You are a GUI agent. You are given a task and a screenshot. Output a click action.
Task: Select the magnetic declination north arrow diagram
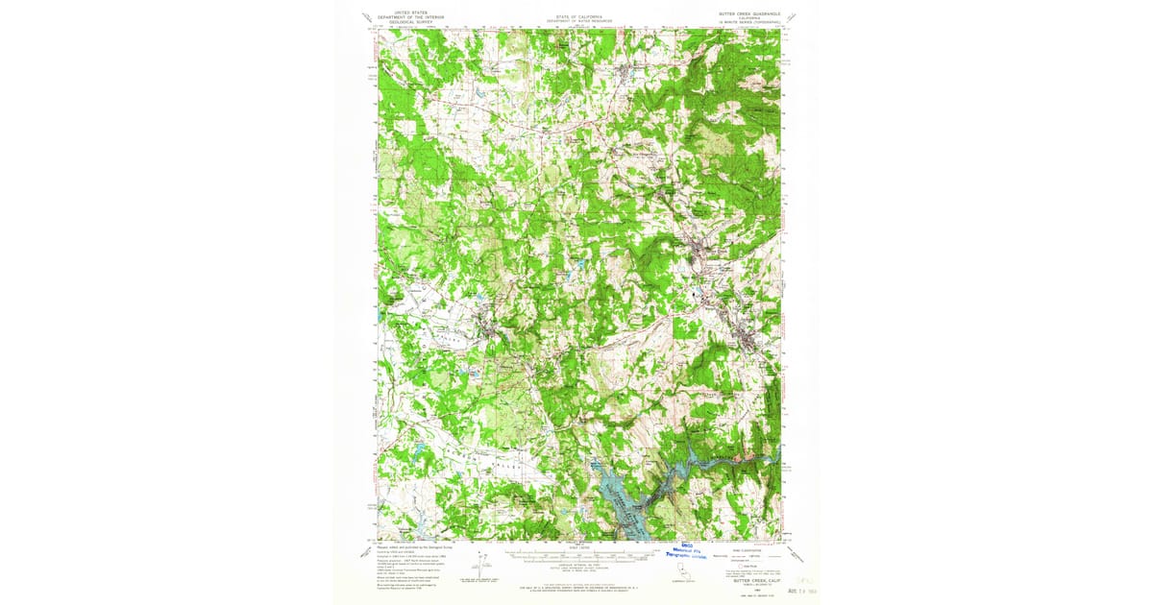483,567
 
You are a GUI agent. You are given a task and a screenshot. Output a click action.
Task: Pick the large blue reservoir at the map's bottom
620,495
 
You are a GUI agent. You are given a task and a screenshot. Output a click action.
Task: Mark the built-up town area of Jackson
747,341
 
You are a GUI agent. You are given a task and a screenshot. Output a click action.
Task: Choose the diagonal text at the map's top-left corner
366,16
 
